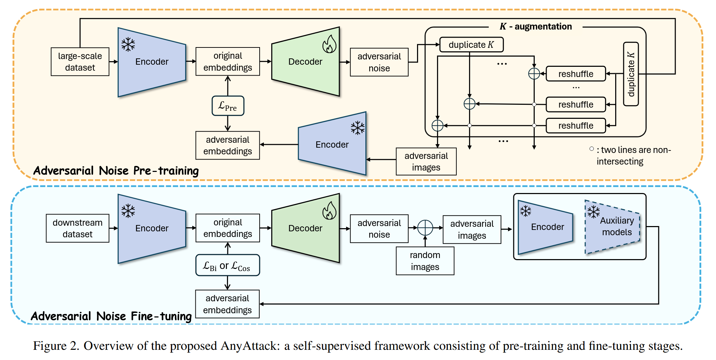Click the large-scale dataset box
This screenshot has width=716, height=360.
click(x=80, y=62)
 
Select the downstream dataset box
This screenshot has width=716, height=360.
click(x=78, y=228)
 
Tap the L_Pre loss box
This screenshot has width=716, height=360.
click(x=228, y=106)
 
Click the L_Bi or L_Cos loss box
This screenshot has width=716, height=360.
click(x=228, y=265)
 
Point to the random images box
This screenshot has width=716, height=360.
click(x=425, y=261)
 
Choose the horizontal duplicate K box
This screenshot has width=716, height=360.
click(x=471, y=45)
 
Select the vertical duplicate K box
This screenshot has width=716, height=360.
click(x=631, y=74)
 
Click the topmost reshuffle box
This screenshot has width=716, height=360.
click(x=576, y=74)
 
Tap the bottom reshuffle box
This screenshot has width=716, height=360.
click(x=576, y=126)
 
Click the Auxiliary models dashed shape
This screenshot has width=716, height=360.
click(x=612, y=227)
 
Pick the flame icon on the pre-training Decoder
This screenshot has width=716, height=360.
click(x=330, y=44)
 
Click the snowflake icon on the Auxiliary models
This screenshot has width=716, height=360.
click(x=594, y=212)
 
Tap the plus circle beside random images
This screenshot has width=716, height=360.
click(x=425, y=228)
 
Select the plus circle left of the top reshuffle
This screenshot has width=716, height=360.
click(x=534, y=74)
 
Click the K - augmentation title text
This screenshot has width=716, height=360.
click(x=536, y=26)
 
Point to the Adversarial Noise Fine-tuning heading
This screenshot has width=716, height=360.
click(x=111, y=316)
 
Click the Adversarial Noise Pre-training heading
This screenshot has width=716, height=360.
click(x=116, y=171)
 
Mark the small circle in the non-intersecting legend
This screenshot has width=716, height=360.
click(x=592, y=149)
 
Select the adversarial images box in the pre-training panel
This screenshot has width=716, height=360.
click(x=426, y=161)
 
